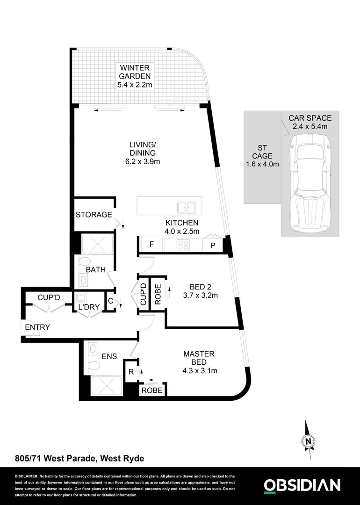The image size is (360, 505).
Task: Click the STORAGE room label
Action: [x=94, y=215]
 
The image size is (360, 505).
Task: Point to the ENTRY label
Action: [x=37, y=327]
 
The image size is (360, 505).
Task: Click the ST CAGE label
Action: [x=262, y=156]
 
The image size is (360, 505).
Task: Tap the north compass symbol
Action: [x=307, y=439]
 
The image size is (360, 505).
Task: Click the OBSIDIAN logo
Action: [x=302, y=485]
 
